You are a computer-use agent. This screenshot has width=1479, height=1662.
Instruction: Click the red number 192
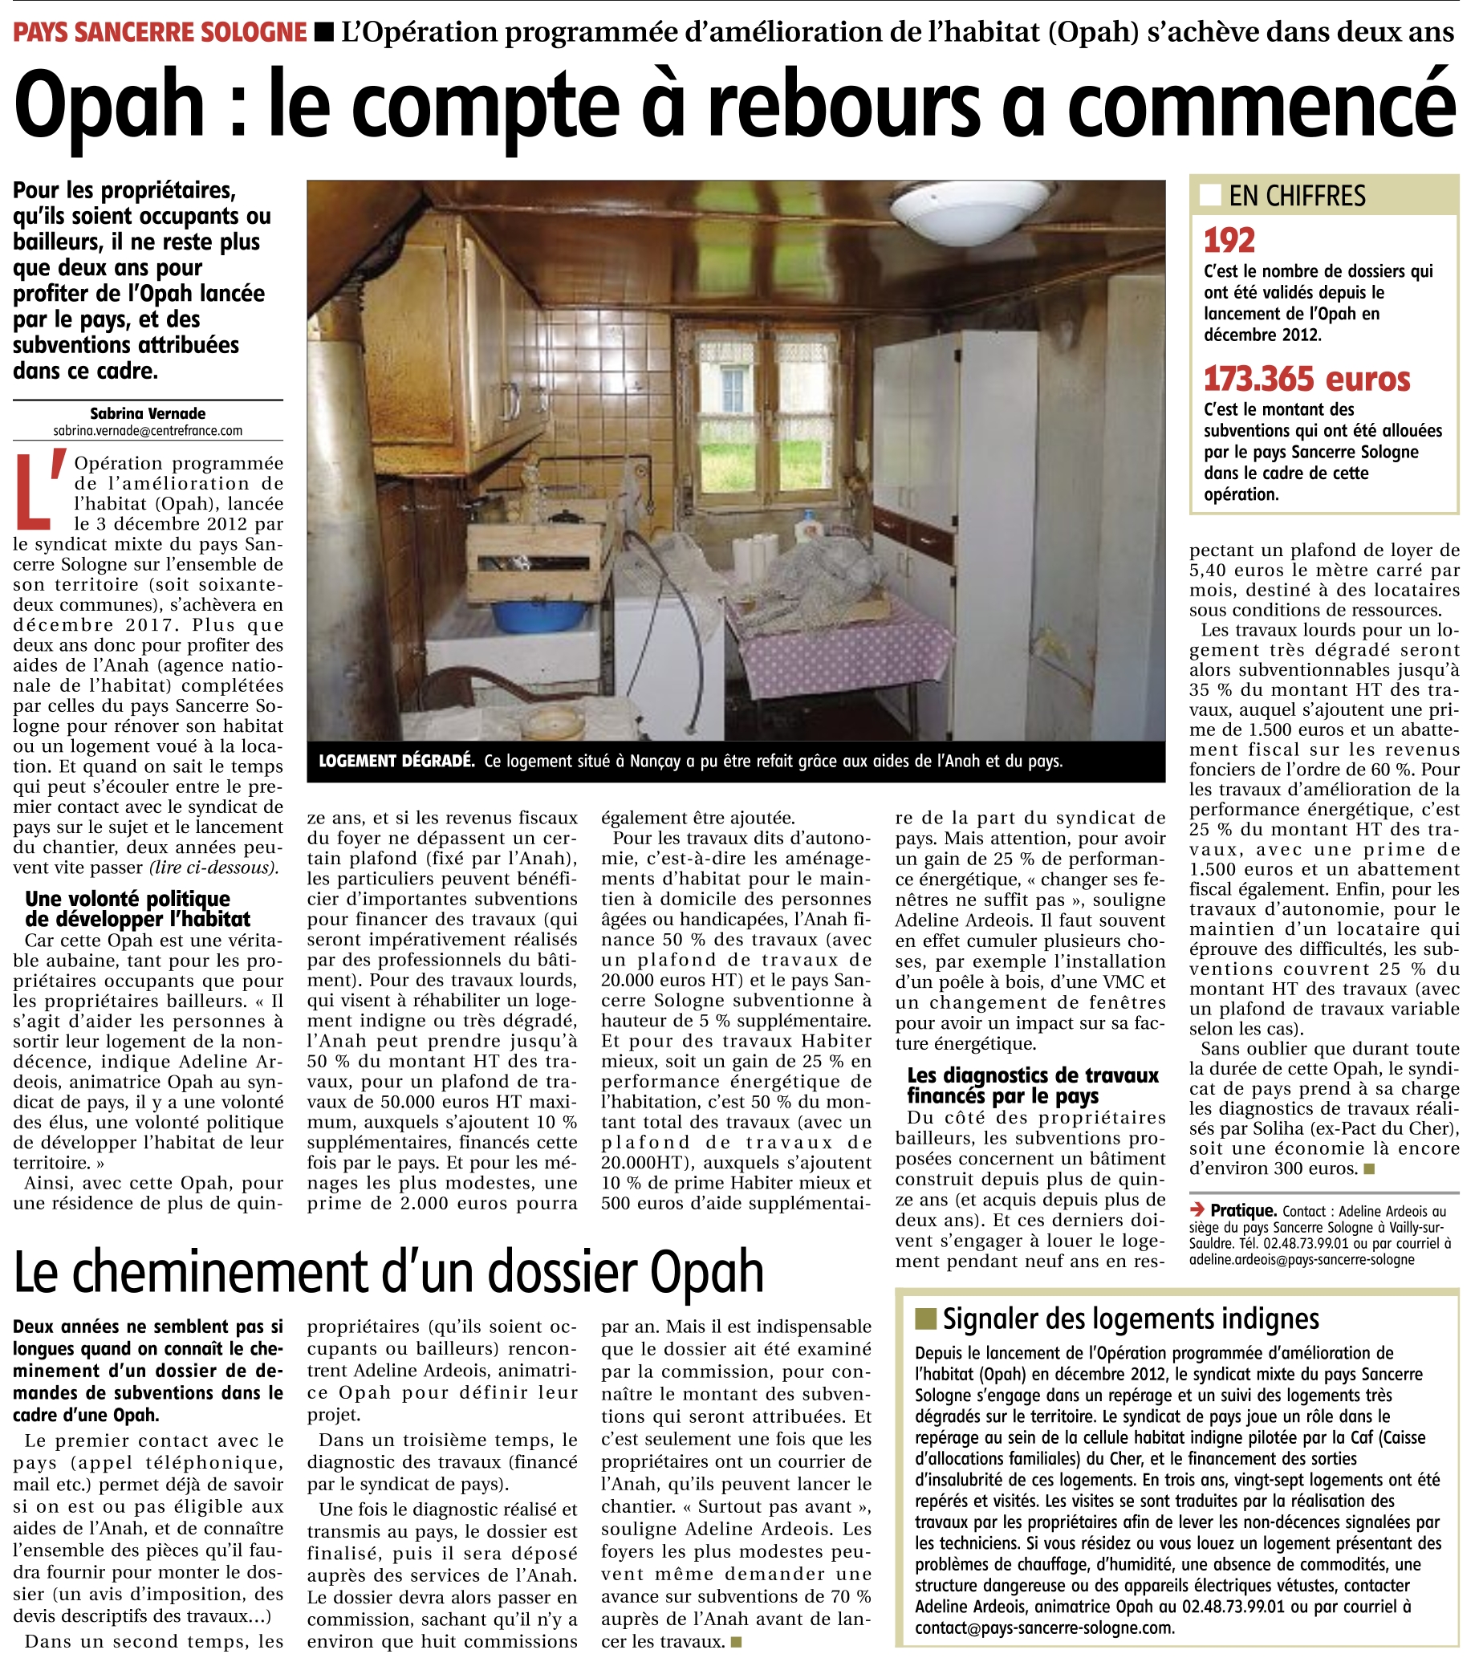coord(1229,241)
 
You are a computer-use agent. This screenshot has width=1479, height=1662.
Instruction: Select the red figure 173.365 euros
coord(1306,380)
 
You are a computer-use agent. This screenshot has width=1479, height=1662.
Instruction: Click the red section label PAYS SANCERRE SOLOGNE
coord(160,33)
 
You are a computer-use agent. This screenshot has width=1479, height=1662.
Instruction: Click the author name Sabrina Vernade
coord(148,413)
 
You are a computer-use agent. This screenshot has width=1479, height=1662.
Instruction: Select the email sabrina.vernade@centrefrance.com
coord(148,430)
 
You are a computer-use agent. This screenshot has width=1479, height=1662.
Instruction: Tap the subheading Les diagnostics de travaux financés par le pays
coord(1032,1086)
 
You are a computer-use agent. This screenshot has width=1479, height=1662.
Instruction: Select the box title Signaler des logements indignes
coord(1130,1319)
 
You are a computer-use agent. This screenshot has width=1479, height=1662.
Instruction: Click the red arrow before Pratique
coord(1197,1210)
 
